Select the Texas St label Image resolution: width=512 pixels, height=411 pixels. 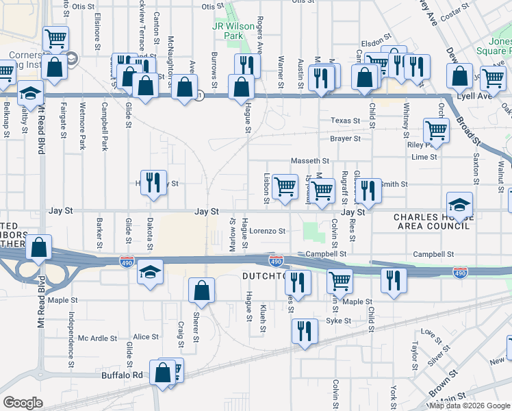click(x=345, y=121)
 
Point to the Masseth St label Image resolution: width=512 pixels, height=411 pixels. click(x=310, y=161)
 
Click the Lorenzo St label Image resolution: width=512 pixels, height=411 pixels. click(x=267, y=232)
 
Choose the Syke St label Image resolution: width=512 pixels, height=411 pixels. click(x=338, y=321)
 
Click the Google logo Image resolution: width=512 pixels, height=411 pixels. click(x=23, y=403)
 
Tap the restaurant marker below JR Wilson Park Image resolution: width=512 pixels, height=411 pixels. click(x=247, y=66)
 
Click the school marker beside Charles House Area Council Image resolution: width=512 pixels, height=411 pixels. click(x=459, y=205)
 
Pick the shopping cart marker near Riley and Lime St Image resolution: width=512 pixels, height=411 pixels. click(x=436, y=130)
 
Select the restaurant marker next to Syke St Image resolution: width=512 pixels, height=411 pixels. click(x=305, y=331)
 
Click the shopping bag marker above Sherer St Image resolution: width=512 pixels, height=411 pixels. click(x=202, y=290)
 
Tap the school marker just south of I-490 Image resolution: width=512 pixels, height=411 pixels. click(x=150, y=272)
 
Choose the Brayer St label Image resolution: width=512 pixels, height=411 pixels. click(x=345, y=138)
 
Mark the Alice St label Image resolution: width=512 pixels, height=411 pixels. click(x=146, y=337)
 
